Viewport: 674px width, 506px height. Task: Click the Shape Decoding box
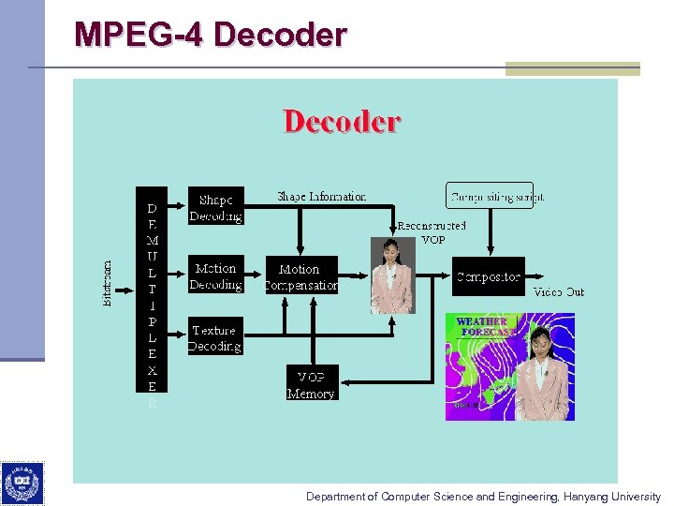215,208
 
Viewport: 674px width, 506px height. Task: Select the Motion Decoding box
215,276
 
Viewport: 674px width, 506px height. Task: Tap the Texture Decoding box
214,338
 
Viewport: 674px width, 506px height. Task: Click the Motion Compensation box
300,276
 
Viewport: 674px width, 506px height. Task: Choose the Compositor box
488,277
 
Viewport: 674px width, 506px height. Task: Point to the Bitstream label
107,282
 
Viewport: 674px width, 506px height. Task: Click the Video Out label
559,292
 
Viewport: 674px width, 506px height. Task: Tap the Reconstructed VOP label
432,232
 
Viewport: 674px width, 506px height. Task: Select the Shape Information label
321,197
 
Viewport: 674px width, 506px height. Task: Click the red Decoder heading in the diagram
342,122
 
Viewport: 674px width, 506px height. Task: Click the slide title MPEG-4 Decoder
211,35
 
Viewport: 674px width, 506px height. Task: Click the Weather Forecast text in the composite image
485,326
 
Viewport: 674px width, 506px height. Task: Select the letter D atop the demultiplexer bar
152,208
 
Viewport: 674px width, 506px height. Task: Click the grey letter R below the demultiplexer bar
152,404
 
